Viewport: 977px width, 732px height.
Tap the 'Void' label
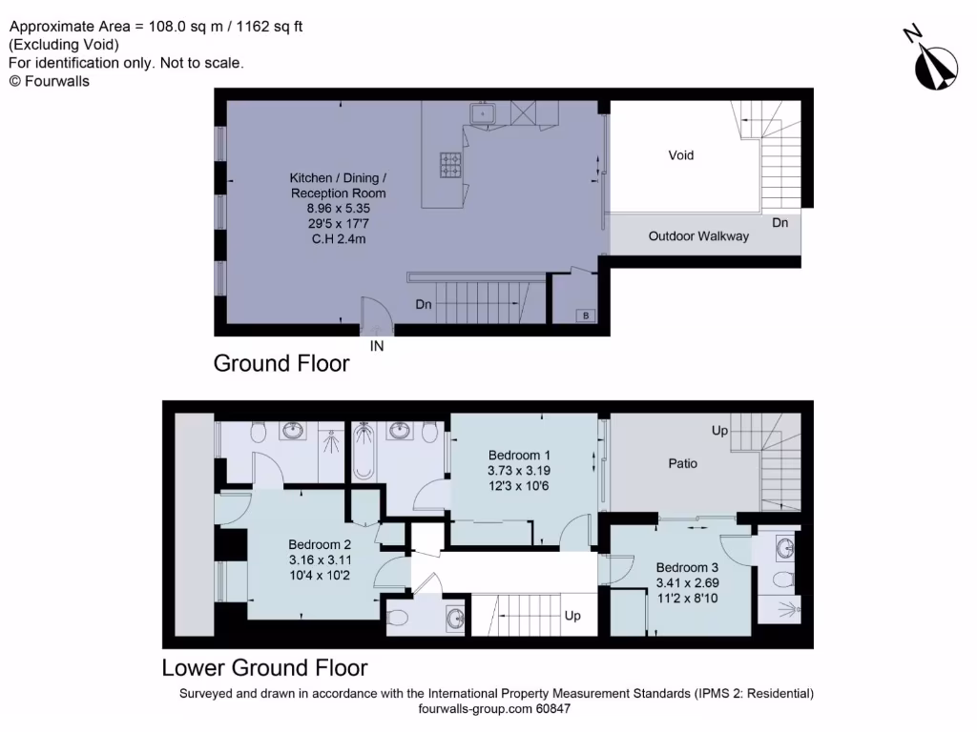(680, 155)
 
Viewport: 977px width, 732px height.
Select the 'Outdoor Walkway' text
(698, 236)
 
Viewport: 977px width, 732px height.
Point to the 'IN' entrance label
(377, 347)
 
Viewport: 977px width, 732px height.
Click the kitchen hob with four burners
(449, 165)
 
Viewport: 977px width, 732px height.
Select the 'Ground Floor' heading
(281, 363)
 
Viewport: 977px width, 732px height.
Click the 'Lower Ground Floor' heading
(264, 667)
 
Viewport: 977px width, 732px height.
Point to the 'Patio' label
(681, 463)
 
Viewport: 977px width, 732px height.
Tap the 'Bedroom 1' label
(519, 455)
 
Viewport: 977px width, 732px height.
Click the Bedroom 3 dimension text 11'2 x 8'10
(681, 598)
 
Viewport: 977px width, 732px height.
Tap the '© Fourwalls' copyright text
(49, 81)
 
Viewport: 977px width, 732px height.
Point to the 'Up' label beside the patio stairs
(719, 431)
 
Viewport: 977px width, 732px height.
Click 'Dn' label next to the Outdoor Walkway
(780, 223)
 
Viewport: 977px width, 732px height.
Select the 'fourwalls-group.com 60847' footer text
(494, 709)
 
